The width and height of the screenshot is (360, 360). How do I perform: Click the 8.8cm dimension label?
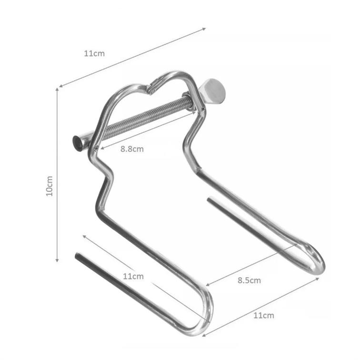coord(132,149)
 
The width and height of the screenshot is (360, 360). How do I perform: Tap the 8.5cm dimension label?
coord(249,280)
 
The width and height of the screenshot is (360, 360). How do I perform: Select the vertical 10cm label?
coord(50,186)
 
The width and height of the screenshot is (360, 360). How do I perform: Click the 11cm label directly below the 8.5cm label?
coord(264,315)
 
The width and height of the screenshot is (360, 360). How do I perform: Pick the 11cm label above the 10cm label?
coord(94,53)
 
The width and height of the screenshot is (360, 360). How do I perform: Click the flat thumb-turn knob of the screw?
coord(212,91)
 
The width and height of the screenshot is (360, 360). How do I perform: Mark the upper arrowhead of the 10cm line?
coord(57,89)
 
